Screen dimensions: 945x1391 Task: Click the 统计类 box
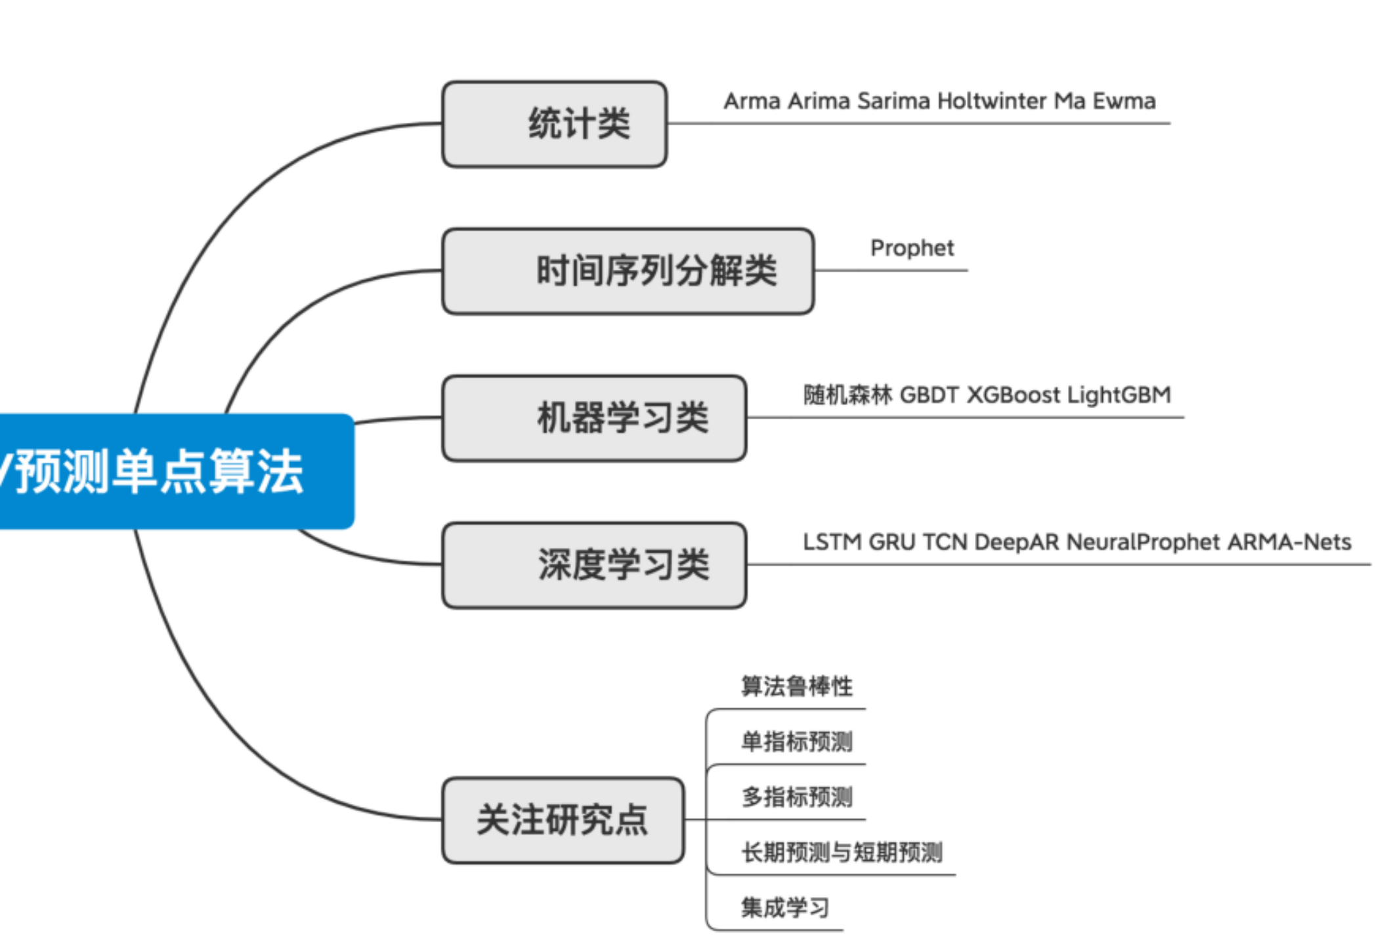pyautogui.click(x=555, y=124)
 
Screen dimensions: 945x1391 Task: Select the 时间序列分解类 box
pyautogui.click(x=628, y=271)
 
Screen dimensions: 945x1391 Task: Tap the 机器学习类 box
pyautogui.click(x=594, y=418)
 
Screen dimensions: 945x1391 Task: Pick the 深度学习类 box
pyautogui.click(x=594, y=565)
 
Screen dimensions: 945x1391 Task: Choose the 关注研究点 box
pyautogui.click(x=563, y=820)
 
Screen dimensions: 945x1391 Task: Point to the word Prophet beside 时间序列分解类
pyautogui.click(x=912, y=248)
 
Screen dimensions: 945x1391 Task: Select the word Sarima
pyautogui.click(x=893, y=101)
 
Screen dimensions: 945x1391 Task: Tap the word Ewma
pyautogui.click(x=1124, y=101)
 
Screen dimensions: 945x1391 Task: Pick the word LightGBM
pyautogui.click(x=1119, y=395)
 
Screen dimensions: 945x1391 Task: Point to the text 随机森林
pyautogui.click(x=847, y=395)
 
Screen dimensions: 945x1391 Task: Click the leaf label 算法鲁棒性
pyautogui.click(x=796, y=686)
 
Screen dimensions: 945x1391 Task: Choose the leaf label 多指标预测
pyautogui.click(x=796, y=797)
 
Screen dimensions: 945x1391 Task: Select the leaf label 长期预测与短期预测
pyautogui.click(x=842, y=852)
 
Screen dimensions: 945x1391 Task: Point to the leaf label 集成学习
pyautogui.click(x=785, y=908)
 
